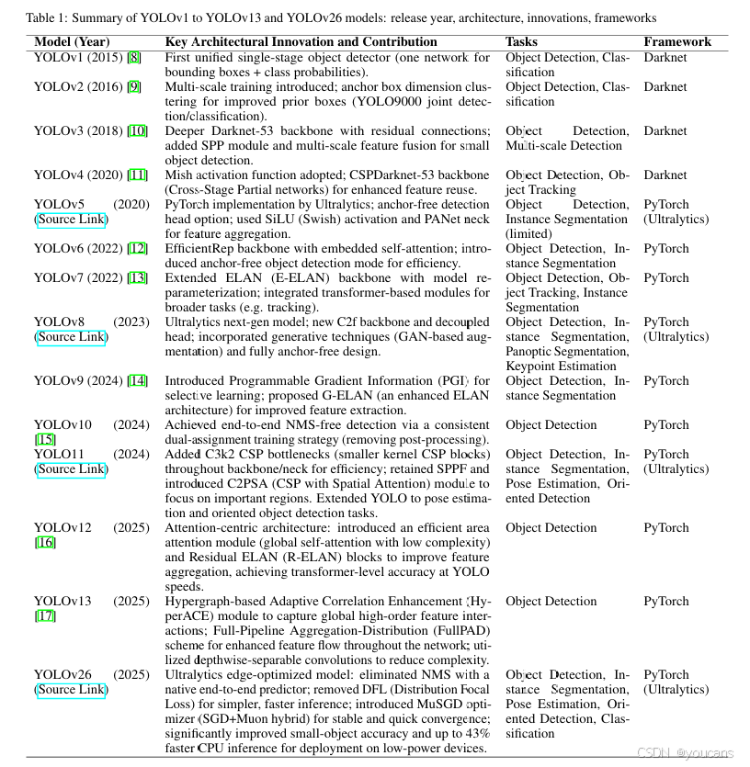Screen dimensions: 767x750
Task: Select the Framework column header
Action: (676, 42)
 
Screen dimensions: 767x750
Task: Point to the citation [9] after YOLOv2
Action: (134, 87)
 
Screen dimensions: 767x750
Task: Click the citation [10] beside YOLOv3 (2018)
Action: (137, 131)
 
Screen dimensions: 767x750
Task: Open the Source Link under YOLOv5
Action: (71, 220)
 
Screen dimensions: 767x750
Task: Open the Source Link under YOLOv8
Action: (71, 337)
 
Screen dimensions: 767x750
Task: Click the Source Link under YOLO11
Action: (71, 469)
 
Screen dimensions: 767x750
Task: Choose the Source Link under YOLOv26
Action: (71, 690)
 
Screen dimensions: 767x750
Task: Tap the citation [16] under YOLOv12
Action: (45, 543)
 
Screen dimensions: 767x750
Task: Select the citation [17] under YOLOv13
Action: (45, 616)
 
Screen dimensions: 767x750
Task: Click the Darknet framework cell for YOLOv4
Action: (665, 175)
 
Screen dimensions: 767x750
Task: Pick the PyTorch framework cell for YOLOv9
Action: (665, 381)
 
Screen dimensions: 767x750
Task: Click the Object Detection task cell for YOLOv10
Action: (551, 425)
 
